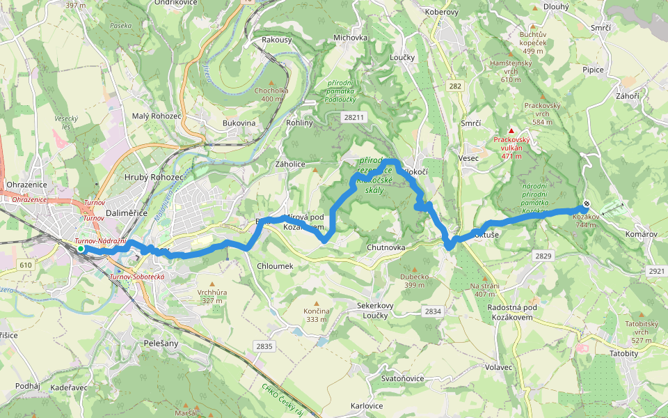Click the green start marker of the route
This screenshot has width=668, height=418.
[x=81, y=249]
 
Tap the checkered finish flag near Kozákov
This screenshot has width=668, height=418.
[x=587, y=205]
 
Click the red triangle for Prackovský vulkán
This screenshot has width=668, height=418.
[x=511, y=131]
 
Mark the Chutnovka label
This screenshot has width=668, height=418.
[x=385, y=248]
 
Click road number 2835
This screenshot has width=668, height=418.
[x=264, y=346]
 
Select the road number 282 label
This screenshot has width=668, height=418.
[x=455, y=86]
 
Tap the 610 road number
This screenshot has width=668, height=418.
[x=26, y=265]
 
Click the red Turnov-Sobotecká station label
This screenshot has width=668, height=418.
[x=137, y=277]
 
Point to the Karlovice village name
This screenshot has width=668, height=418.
[x=367, y=406]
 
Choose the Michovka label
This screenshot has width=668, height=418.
[x=350, y=38]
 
